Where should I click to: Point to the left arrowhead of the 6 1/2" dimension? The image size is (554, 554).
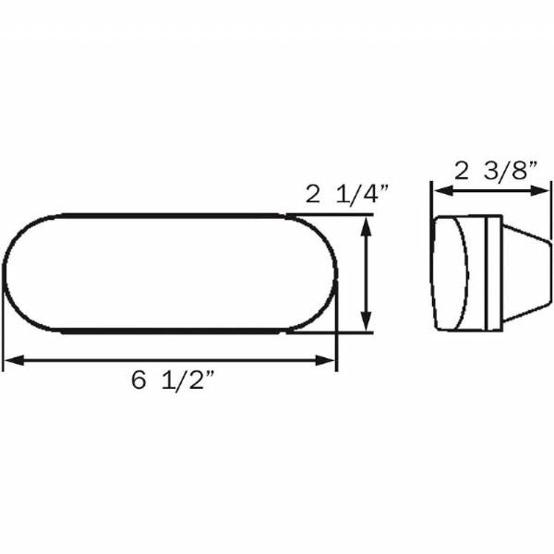11,359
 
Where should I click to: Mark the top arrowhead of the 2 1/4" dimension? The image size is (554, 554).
368,224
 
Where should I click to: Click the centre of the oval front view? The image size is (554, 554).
171,273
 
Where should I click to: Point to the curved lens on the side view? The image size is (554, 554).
450,273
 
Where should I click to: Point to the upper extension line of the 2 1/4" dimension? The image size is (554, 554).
332,217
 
